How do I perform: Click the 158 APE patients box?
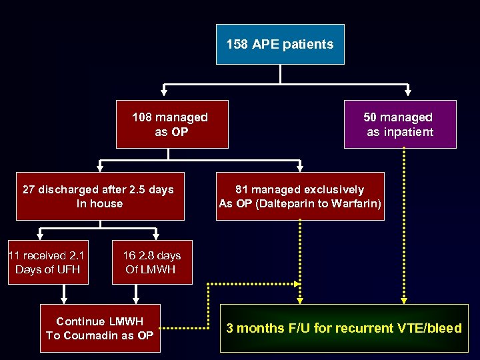[x=280, y=45]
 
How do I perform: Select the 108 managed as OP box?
[x=172, y=124]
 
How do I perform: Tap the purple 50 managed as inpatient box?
[x=400, y=124]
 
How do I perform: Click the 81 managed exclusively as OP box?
[x=300, y=196]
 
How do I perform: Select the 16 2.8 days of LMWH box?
[x=151, y=262]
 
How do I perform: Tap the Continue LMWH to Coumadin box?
[x=100, y=329]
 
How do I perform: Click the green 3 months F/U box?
[x=344, y=328]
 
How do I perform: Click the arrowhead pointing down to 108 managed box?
[x=165, y=94]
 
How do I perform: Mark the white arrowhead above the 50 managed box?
[x=407, y=94]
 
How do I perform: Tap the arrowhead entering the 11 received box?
[x=40, y=235]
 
